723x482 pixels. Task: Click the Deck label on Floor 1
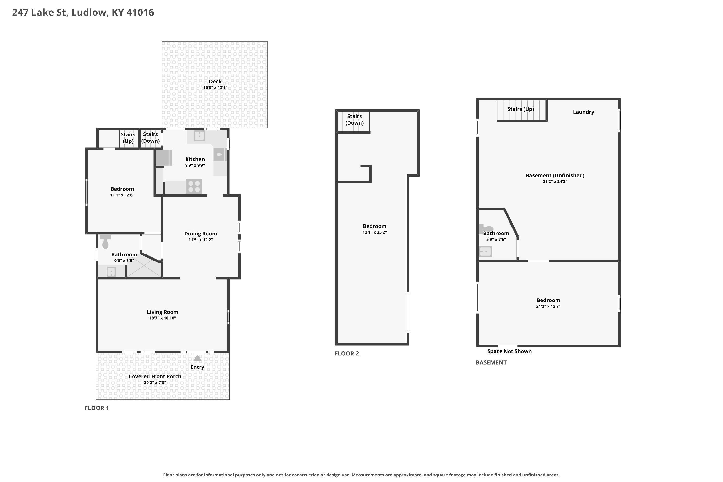215,81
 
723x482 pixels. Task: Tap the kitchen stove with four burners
194,187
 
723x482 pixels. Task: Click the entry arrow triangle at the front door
197,358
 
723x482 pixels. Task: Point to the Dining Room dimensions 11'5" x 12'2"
201,240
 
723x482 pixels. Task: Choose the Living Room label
163,312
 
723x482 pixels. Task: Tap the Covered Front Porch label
155,376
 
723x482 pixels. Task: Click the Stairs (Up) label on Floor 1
128,138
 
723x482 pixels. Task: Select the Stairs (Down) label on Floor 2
355,120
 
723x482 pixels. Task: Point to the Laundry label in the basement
583,112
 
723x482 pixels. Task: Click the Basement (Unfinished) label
555,175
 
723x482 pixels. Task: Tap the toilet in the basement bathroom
486,229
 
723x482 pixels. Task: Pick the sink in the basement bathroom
485,251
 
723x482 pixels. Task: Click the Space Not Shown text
509,351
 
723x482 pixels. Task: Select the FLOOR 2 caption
347,354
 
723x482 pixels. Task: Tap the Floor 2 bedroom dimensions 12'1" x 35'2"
375,232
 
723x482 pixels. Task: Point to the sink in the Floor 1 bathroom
111,272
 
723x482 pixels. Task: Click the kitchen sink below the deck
199,135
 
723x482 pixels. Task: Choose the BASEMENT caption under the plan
491,362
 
